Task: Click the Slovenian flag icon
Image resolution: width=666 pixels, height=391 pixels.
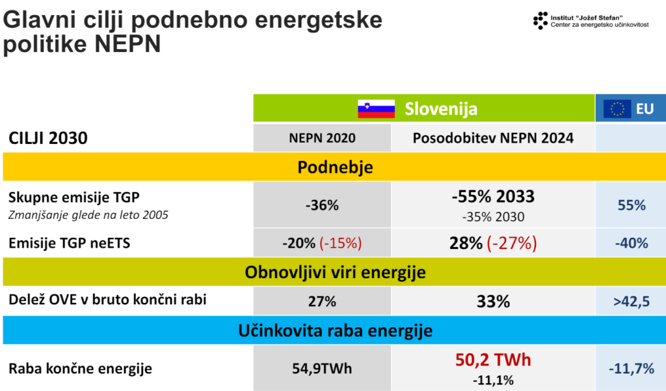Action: click(377, 108)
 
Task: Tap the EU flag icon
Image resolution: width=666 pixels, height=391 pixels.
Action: click(617, 109)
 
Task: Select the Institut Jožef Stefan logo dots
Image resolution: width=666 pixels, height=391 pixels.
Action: click(540, 20)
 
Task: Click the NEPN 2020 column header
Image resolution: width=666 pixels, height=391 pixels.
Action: click(322, 138)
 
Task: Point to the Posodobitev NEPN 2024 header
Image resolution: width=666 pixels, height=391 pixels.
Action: click(493, 138)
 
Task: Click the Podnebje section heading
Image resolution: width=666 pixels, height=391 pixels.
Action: click(335, 167)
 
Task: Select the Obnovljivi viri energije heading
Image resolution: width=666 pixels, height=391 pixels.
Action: click(335, 272)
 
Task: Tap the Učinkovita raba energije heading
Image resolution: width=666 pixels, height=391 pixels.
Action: click(335, 331)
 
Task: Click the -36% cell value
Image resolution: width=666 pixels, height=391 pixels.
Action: click(322, 205)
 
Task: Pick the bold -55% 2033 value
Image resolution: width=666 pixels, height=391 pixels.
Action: click(493, 197)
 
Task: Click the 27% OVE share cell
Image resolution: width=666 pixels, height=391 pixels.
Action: click(322, 302)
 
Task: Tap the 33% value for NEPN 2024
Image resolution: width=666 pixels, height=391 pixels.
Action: click(493, 302)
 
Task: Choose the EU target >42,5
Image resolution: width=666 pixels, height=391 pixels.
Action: click(631, 302)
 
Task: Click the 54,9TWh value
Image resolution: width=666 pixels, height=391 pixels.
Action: click(322, 368)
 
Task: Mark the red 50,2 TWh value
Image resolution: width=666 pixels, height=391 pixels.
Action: click(493, 360)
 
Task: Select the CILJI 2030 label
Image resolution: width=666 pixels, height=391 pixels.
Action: click(48, 138)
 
